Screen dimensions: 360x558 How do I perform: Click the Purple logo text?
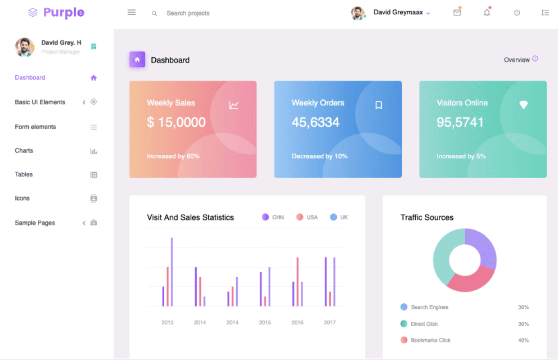(63, 13)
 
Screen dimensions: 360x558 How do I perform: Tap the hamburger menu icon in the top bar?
(131, 13)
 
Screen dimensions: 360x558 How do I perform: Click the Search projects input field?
(188, 13)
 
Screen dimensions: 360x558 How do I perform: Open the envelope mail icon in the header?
(457, 13)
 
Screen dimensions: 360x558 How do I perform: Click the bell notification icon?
(487, 13)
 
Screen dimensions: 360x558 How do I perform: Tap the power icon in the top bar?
(517, 13)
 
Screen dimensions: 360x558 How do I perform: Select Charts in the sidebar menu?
(24, 151)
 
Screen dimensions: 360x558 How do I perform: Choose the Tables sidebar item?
(24, 175)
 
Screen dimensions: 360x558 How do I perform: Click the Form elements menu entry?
(35, 127)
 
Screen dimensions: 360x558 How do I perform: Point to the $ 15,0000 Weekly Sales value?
(176, 122)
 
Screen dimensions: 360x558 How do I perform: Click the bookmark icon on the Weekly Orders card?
(378, 105)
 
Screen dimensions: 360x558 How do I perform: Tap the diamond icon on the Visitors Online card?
(523, 105)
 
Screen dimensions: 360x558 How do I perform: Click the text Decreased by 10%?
(319, 157)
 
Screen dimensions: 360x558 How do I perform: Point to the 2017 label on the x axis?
(329, 323)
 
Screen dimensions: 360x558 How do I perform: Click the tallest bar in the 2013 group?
(171, 272)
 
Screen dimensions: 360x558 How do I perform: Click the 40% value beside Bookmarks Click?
(523, 341)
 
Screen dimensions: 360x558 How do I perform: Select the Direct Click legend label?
(424, 324)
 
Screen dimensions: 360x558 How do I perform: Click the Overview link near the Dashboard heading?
(517, 60)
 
